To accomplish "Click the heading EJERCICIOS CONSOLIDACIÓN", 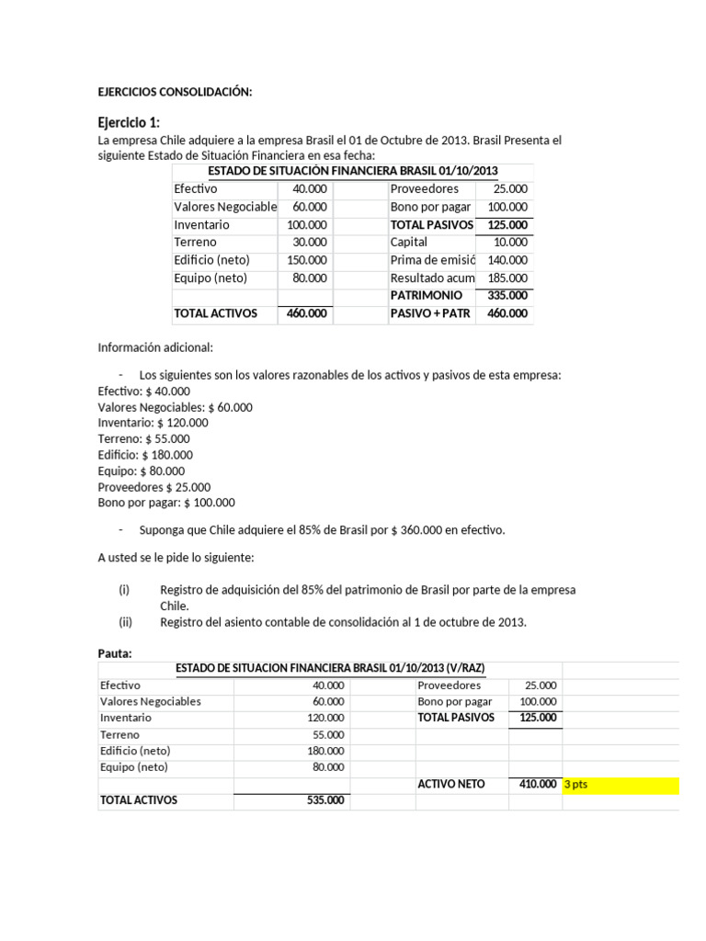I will click(x=175, y=92).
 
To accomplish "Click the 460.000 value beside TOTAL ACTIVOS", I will click(x=307, y=313).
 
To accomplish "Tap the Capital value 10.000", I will click(x=510, y=243).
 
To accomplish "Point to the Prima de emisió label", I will click(x=432, y=260).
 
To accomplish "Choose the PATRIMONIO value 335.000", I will click(x=508, y=296).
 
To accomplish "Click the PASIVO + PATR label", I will click(x=430, y=313).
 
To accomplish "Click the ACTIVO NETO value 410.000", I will click(x=538, y=784).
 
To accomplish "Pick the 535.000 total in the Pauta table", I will click(x=325, y=800).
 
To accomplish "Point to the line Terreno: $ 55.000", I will click(x=143, y=439).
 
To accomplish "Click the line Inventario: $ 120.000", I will click(x=153, y=423).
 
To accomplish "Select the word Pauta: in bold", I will click(x=116, y=653).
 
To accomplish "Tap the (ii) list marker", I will click(x=126, y=622).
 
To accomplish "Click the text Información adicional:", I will click(x=155, y=347).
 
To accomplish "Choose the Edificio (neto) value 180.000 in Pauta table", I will click(x=327, y=751).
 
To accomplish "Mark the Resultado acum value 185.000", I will click(x=508, y=278).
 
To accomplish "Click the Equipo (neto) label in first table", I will click(x=211, y=278).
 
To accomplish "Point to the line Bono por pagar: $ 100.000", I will click(x=166, y=503).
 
